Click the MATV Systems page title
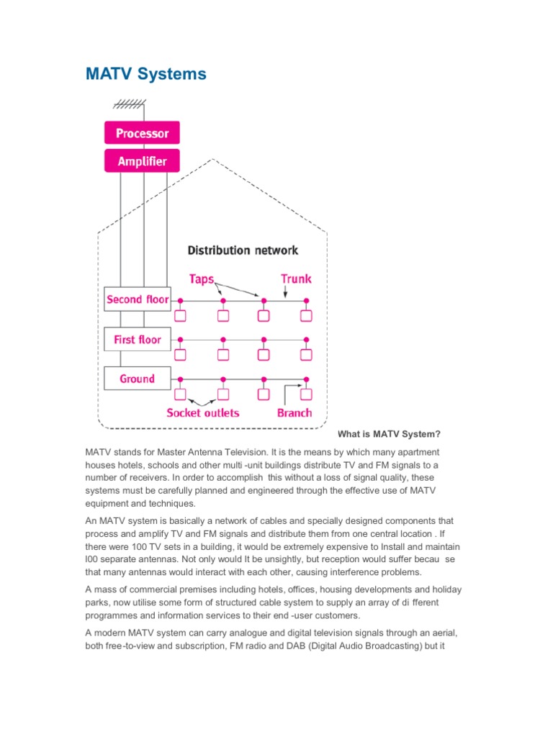point(146,74)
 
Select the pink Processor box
point(142,133)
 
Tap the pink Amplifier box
point(142,160)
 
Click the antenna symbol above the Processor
point(127,101)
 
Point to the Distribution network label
point(243,250)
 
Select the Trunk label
point(296,278)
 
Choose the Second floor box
point(137,299)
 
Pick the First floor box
point(137,339)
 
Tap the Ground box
point(137,379)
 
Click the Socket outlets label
point(203,413)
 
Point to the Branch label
point(295,413)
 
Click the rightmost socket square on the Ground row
point(307,394)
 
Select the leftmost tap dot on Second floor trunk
point(181,300)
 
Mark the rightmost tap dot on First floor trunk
point(307,339)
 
